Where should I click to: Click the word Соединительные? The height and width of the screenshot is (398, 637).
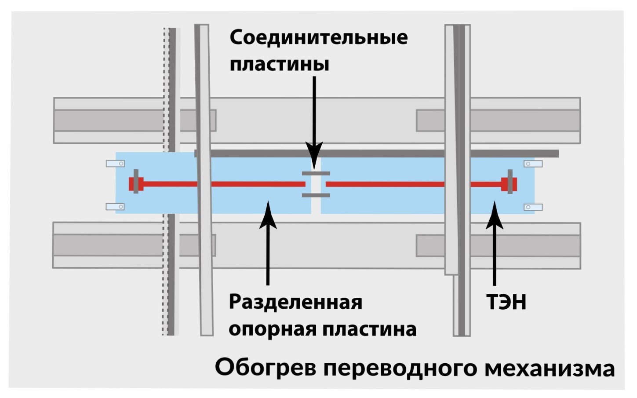[318, 38]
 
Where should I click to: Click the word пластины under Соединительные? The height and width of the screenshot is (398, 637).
[280, 65]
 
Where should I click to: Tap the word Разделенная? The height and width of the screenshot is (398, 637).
[295, 303]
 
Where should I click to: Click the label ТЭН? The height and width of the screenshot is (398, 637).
[506, 303]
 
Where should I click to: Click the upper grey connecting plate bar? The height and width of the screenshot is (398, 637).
[316, 174]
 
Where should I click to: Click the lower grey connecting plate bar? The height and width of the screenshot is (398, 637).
[316, 195]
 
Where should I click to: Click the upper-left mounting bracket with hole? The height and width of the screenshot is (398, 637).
[115, 164]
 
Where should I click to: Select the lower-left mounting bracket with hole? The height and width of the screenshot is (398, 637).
[115, 207]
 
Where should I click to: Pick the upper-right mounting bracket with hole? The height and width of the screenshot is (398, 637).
[533, 164]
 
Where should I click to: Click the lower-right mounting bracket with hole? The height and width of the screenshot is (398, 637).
[533, 207]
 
